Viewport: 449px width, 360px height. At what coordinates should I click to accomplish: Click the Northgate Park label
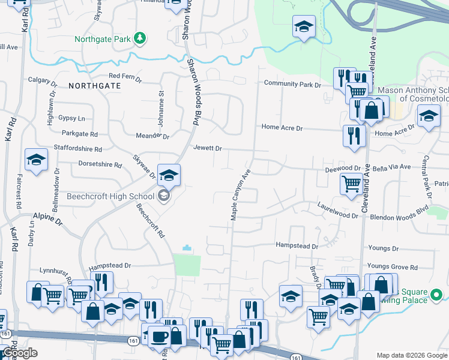tap(103, 40)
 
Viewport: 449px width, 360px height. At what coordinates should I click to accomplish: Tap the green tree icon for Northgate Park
tap(139, 38)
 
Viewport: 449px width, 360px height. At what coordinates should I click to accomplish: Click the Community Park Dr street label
tap(292, 85)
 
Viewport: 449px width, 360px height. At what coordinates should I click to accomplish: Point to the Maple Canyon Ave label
tap(239, 193)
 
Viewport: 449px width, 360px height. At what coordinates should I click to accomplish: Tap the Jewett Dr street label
tap(208, 148)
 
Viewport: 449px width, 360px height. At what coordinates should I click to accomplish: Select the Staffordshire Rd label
tap(78, 148)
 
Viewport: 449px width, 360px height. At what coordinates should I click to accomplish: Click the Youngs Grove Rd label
tap(392, 267)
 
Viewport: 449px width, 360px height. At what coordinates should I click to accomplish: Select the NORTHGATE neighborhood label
tap(94, 86)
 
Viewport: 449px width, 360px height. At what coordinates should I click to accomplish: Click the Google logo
tap(20, 353)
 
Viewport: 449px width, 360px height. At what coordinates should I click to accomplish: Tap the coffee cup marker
tap(159, 337)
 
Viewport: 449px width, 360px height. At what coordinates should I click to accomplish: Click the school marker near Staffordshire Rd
tap(36, 160)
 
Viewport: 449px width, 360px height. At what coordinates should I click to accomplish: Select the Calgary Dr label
tap(45, 80)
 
